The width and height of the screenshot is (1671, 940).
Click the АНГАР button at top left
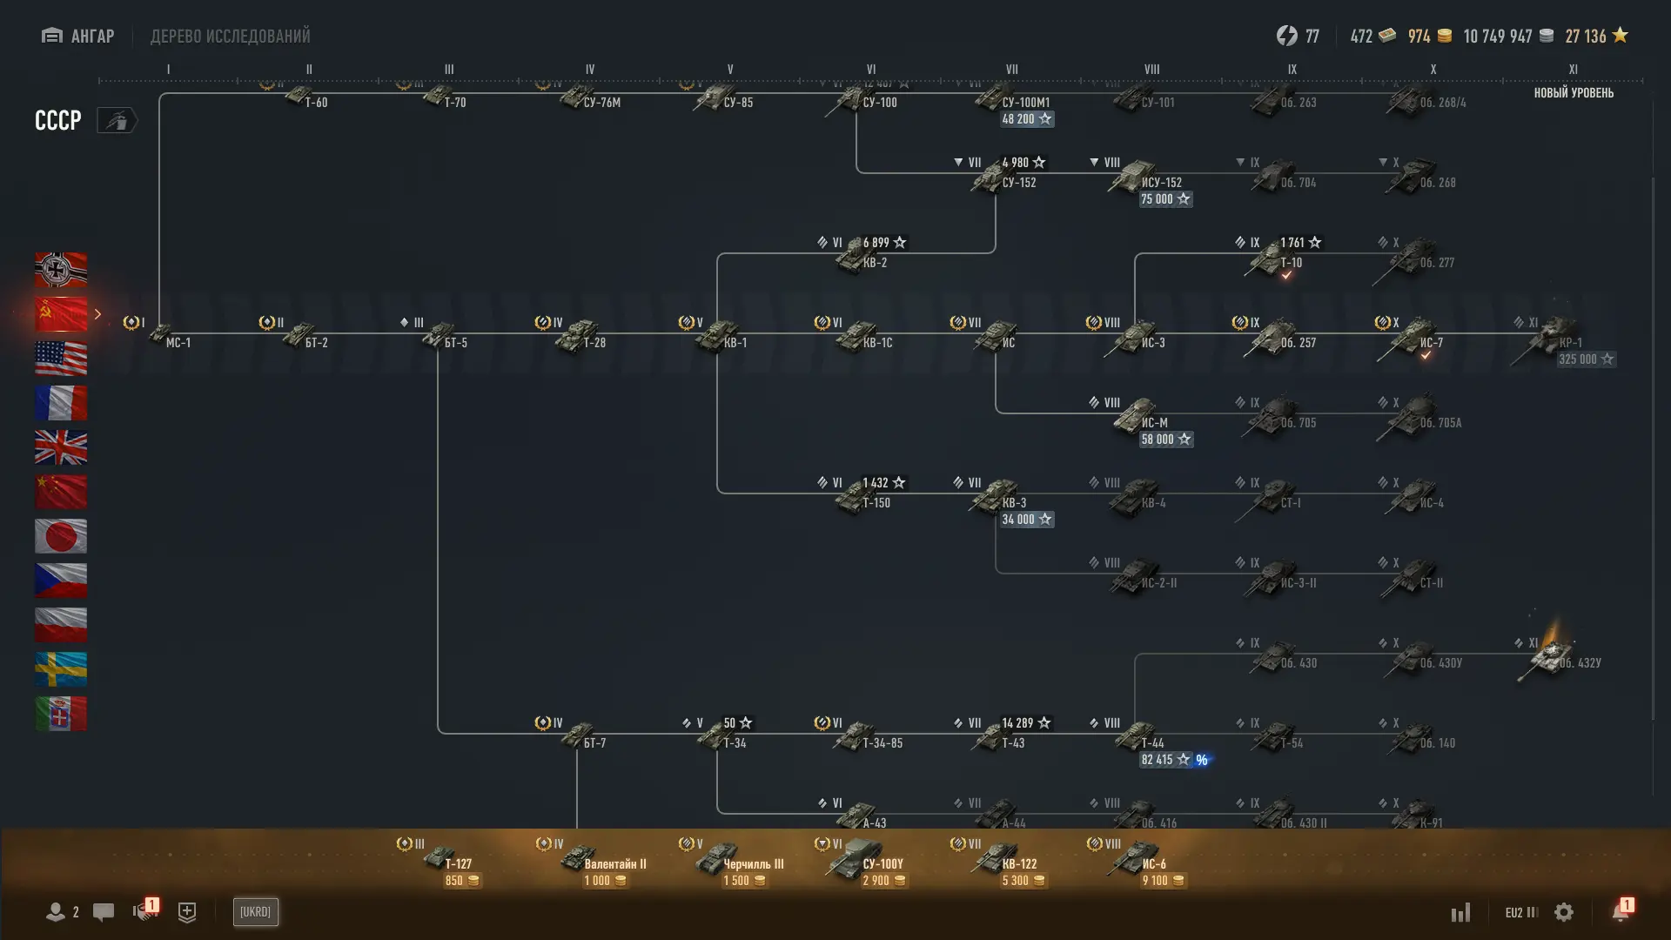point(78,36)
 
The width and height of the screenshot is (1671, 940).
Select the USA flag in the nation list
point(61,359)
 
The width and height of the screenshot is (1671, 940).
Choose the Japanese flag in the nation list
point(61,536)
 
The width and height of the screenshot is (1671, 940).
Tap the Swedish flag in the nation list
point(61,669)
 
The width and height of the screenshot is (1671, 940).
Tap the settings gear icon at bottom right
point(1564,912)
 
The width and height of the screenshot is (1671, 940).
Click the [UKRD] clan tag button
point(255,912)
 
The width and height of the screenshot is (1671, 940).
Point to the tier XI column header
point(1573,70)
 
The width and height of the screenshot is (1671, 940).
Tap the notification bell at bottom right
point(1621,911)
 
